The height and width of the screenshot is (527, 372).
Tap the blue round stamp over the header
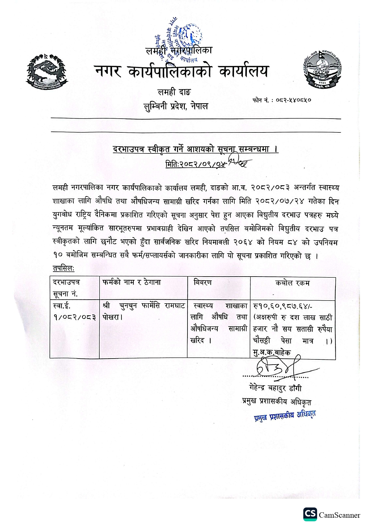(184, 42)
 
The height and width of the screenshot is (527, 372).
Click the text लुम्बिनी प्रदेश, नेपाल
(175, 106)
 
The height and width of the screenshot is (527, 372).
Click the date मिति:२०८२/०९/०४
(195, 164)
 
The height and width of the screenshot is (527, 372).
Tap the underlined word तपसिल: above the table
(64, 268)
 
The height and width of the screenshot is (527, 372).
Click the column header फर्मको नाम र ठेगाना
(131, 282)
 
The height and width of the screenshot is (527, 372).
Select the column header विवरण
(203, 282)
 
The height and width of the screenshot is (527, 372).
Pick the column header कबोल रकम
(292, 283)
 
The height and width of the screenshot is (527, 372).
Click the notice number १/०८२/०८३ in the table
(75, 317)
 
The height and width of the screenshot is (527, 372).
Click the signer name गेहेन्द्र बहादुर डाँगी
(275, 388)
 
